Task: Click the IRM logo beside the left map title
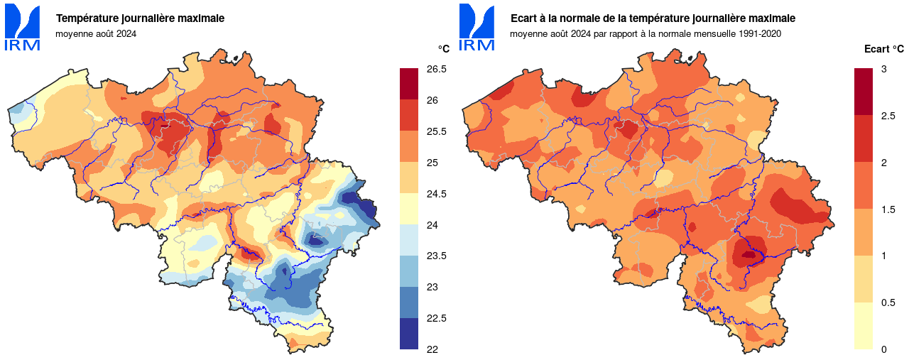[x=23, y=27]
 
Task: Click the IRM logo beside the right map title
[x=477, y=27]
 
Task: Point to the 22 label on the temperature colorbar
[x=431, y=349]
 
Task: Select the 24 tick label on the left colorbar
[x=431, y=225]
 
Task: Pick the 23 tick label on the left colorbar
[x=431, y=287]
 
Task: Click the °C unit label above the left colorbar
[x=443, y=49]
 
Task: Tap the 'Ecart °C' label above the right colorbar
[x=883, y=49]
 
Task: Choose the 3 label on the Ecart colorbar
[x=883, y=70]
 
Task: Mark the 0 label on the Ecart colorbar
[x=883, y=349]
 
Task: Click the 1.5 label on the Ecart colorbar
[x=887, y=209]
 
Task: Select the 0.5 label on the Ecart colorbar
[x=887, y=302]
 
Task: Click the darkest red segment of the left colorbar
[x=409, y=84]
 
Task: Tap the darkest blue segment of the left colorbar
[x=409, y=334]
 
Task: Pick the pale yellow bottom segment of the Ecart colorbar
[x=863, y=326]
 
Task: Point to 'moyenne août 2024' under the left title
[x=96, y=33]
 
